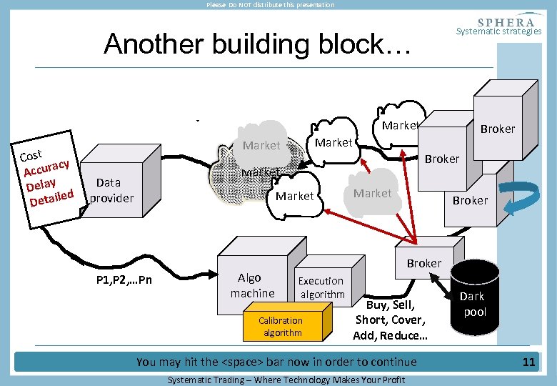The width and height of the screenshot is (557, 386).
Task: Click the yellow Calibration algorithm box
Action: pyautogui.click(x=287, y=322)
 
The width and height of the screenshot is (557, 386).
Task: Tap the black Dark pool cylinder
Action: pyautogui.click(x=475, y=298)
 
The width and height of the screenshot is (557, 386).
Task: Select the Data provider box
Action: pyautogui.click(x=121, y=181)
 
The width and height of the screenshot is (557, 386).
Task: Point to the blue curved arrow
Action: pyautogui.click(x=521, y=197)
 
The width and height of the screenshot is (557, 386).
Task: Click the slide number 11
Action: pyautogui.click(x=528, y=362)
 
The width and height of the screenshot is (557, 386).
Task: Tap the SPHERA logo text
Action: pyautogui.click(x=506, y=22)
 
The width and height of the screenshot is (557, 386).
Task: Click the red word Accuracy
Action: pyautogui.click(x=46, y=168)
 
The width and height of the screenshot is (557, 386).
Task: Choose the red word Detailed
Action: pyautogui.click(x=52, y=198)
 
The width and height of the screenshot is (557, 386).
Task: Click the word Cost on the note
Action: pyautogui.click(x=31, y=156)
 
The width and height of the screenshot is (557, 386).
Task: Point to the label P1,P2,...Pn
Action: pyautogui.click(x=124, y=280)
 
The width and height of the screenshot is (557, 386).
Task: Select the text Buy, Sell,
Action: pyautogui.click(x=391, y=305)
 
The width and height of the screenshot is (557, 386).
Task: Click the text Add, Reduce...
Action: pyautogui.click(x=390, y=335)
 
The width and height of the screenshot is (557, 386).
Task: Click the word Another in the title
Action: pyautogui.click(x=154, y=44)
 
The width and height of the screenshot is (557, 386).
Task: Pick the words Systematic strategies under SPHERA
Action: pyautogui.click(x=498, y=31)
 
